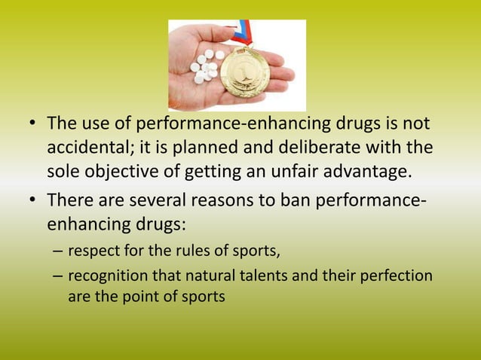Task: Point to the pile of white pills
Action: [x=206, y=66]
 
